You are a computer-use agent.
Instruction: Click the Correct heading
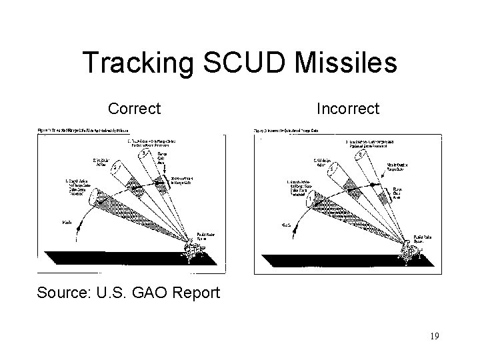click(134, 107)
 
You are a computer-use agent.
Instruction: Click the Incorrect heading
click(347, 107)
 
